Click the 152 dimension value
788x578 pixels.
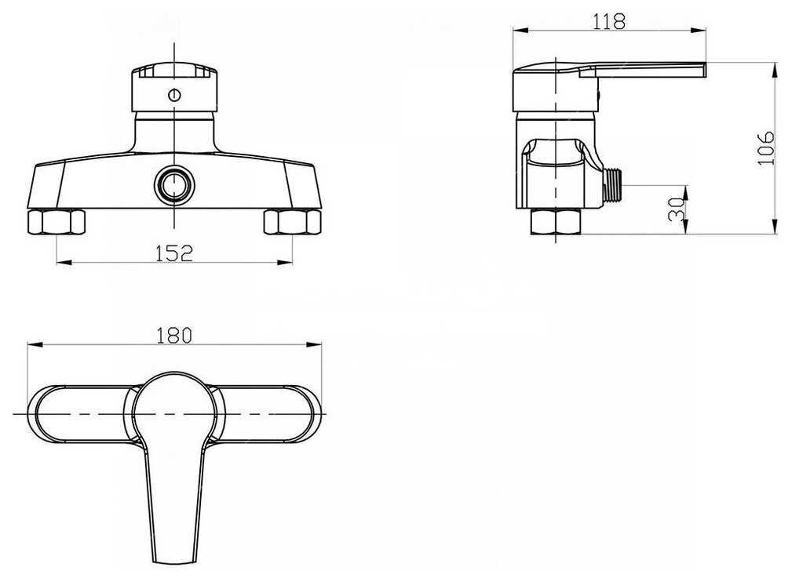tap(173, 253)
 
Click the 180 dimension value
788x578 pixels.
tap(174, 335)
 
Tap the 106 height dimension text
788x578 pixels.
tap(765, 148)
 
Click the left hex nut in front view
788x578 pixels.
tap(56, 222)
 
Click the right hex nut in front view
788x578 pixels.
tap(292, 222)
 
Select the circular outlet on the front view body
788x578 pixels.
tap(174, 184)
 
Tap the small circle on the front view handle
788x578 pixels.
tap(174, 94)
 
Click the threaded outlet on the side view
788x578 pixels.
tap(613, 184)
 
